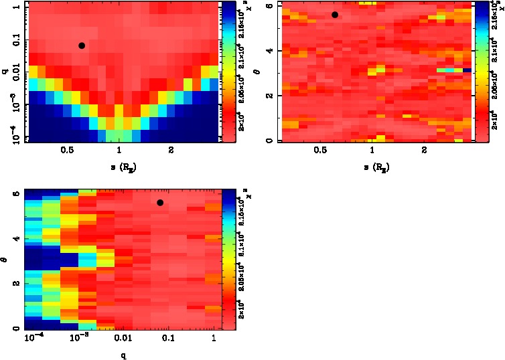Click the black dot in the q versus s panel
pyautogui.click(x=82, y=46)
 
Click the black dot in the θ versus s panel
pyautogui.click(x=335, y=15)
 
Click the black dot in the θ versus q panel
pyautogui.click(x=160, y=203)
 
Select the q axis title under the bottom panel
pyautogui.click(x=123, y=355)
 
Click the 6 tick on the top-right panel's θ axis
pyautogui.click(x=271, y=6)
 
